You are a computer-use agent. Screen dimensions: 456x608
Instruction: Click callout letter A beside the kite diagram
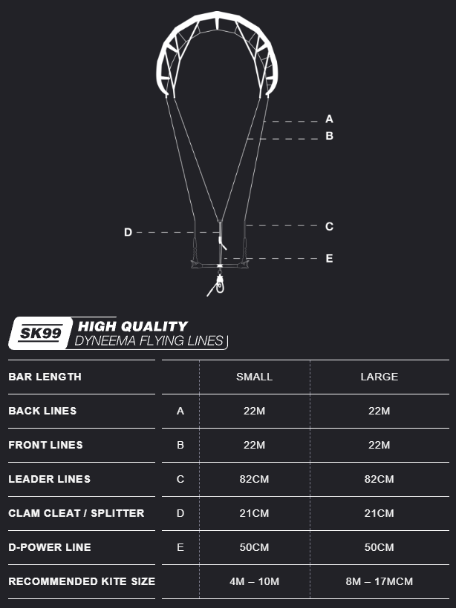click(329, 119)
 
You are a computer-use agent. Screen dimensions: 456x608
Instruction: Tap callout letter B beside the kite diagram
click(329, 136)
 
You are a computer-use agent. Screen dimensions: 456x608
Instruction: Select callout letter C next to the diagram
click(329, 226)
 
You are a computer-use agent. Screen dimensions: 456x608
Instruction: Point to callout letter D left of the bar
click(128, 232)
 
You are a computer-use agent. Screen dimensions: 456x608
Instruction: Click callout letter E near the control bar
click(329, 259)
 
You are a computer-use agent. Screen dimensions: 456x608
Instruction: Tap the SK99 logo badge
click(41, 334)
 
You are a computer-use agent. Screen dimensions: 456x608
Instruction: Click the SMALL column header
click(255, 377)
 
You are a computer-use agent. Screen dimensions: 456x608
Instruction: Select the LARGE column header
click(379, 377)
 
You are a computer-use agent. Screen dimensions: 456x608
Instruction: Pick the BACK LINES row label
click(42, 411)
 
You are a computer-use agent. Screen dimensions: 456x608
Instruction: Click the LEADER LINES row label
click(49, 479)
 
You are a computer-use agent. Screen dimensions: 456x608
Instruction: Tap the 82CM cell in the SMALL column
click(254, 479)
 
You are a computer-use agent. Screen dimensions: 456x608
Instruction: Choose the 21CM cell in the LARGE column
click(379, 513)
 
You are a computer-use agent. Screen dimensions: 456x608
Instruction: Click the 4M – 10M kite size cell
click(255, 581)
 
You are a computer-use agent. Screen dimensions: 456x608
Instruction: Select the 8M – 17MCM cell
click(379, 581)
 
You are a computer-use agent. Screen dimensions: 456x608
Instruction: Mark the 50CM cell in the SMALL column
click(254, 547)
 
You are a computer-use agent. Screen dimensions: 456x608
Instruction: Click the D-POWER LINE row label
click(50, 547)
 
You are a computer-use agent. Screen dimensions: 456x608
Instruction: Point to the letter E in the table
click(180, 547)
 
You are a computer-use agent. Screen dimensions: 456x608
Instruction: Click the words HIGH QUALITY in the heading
click(133, 326)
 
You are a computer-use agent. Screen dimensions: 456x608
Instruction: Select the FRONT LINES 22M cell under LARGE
click(379, 445)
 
